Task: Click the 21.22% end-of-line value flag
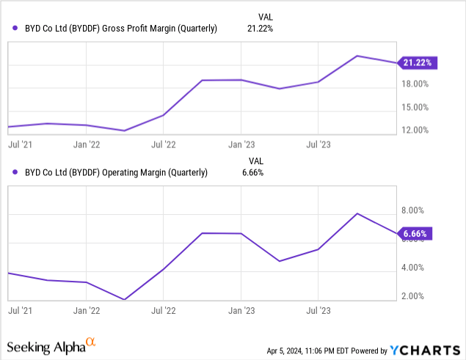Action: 418,63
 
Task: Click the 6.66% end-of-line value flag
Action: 416,235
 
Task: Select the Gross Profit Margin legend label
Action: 115,29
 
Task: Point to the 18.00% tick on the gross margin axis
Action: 416,84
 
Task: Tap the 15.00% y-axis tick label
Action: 416,107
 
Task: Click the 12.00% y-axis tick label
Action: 416,131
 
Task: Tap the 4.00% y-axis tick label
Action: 414,268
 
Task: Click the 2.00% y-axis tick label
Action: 414,296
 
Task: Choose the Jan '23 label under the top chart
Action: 241,144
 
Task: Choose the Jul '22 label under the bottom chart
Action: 163,310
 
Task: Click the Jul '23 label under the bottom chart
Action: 318,310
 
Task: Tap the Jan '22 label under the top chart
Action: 87,144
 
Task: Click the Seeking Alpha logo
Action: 51,344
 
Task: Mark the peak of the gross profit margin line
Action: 357,56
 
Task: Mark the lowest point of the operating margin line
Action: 125,299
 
